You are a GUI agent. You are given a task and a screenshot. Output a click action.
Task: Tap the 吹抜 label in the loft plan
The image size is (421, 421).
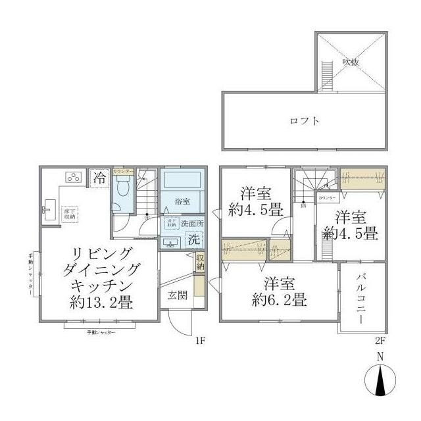(350, 62)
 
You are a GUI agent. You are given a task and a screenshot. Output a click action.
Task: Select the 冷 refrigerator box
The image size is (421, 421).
(99, 177)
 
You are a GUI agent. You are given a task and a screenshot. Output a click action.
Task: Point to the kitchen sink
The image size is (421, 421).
(47, 212)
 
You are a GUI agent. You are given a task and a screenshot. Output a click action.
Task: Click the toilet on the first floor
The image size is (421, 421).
(122, 191)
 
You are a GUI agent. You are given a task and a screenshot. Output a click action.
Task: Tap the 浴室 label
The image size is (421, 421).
(182, 200)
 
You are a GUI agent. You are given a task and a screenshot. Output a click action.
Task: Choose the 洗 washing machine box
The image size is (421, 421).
(195, 240)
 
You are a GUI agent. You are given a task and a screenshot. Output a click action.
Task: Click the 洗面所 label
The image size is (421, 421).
(193, 223)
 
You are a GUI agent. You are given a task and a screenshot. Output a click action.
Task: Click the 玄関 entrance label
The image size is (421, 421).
(176, 295)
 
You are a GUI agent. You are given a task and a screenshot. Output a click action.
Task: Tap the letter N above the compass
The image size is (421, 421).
(380, 357)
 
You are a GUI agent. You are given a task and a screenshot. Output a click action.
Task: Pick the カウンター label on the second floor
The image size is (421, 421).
(327, 198)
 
